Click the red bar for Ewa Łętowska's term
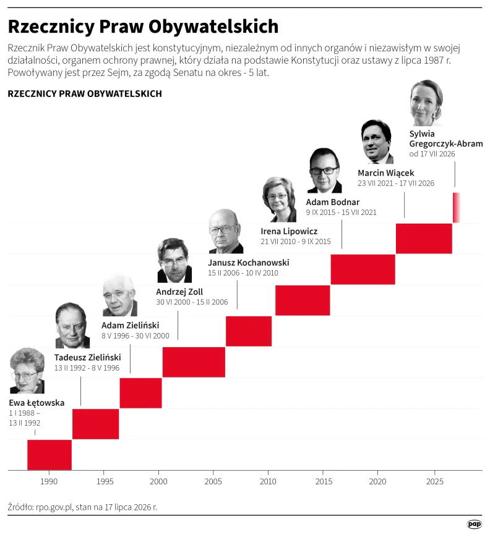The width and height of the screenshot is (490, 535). coord(49,455)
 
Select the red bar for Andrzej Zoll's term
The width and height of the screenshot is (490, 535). coord(194,362)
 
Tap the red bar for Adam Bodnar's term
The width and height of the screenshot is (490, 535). coord(363,269)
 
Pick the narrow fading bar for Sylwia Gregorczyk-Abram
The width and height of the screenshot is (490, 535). coord(457,208)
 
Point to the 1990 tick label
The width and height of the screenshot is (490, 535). coord(49,481)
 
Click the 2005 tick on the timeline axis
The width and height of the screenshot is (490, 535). coord(213,472)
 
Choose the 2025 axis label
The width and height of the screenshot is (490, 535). coord(435,481)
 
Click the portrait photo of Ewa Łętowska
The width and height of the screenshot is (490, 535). coord(27,371)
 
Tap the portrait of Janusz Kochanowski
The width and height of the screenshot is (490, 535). coord(226,231)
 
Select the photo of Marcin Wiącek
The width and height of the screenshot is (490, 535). coord(377,141)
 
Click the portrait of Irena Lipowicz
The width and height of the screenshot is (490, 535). coord(279,200)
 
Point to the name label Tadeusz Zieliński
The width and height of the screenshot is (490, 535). coord(87,357)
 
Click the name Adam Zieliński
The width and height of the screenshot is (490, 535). coord(130,325)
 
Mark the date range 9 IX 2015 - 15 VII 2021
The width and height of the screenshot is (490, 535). coord(341,213)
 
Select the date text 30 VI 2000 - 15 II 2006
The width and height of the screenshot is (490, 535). coord(192,302)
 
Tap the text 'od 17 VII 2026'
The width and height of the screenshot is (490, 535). coord(432,154)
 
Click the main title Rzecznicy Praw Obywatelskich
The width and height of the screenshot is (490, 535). coord(143,27)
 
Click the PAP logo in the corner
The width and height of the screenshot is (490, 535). coord(475,524)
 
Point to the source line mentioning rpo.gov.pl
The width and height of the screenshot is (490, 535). coord(82,507)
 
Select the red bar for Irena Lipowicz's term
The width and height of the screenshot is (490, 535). coord(303,300)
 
